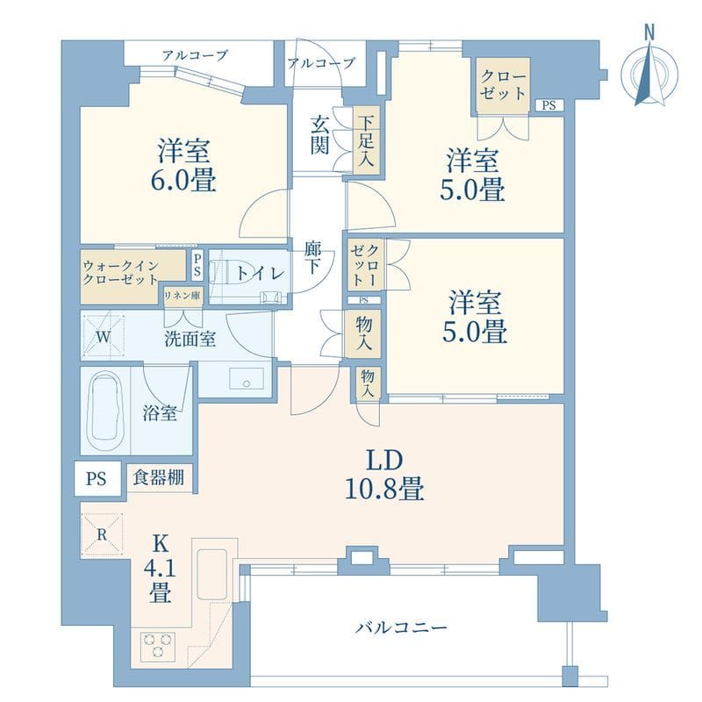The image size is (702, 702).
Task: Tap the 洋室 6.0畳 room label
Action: click(183, 164)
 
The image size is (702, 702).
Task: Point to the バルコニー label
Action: click(402, 627)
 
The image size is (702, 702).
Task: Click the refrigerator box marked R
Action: click(102, 533)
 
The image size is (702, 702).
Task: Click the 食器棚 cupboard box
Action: click(159, 478)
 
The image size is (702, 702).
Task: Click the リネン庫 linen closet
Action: click(182, 296)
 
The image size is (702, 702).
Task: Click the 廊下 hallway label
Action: click(311, 259)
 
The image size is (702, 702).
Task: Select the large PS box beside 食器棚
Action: click(97, 479)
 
